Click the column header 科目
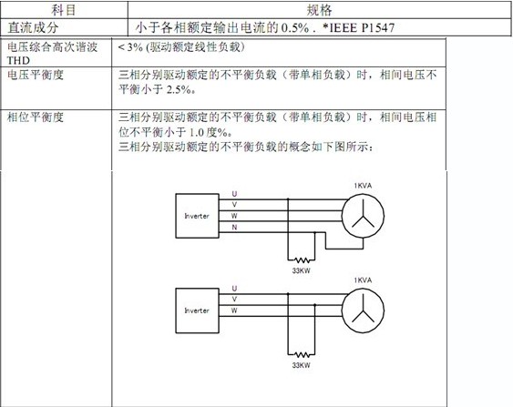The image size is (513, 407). click(x=64, y=10)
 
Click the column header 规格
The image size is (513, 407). click(x=319, y=10)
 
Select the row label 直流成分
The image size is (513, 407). click(x=33, y=28)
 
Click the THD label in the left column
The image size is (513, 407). click(x=18, y=60)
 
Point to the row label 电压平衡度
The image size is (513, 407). click(x=36, y=75)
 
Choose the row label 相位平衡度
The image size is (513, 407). click(x=36, y=117)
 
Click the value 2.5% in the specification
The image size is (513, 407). click(x=179, y=89)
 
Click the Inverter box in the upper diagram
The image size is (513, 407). click(x=198, y=216)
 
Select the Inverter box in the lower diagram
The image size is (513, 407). click(x=198, y=310)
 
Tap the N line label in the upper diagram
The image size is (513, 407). click(x=234, y=228)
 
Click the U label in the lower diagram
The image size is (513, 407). click(x=234, y=289)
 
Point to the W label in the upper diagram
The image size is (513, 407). click(x=234, y=216)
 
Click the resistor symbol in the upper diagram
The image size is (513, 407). click(x=302, y=260)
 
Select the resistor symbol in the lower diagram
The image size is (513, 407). click(x=302, y=355)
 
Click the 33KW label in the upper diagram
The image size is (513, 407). click(x=302, y=270)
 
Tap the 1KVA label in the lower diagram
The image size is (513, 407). click(x=363, y=280)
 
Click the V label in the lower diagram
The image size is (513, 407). click(x=234, y=300)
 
